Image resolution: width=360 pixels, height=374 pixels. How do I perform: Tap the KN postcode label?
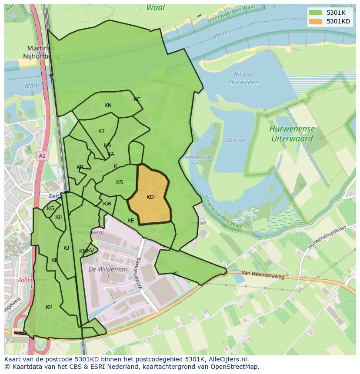click(x=108, y=106)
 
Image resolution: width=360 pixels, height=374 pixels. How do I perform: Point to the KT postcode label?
click(x=101, y=131)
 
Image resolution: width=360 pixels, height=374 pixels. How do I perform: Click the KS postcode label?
click(x=120, y=182)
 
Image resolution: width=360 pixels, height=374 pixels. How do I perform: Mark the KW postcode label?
click(x=107, y=204)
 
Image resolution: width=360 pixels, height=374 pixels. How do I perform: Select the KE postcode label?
click(x=131, y=221)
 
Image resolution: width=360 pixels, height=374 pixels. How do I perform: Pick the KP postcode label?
click(x=49, y=307)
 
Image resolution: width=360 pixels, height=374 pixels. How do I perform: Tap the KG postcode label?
click(x=51, y=209)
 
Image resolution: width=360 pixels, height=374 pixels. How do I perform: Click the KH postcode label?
click(x=59, y=217)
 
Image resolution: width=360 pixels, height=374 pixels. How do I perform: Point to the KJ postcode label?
click(x=67, y=248)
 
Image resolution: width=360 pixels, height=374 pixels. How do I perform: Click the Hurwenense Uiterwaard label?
click(x=292, y=134)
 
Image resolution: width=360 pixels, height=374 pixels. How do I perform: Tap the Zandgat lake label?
click(x=236, y=140)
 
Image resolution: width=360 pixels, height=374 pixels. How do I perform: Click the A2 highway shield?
click(x=41, y=156)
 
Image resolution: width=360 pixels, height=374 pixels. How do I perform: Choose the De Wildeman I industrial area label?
click(x=108, y=272)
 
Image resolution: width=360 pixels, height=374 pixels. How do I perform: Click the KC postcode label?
click(x=137, y=99)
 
